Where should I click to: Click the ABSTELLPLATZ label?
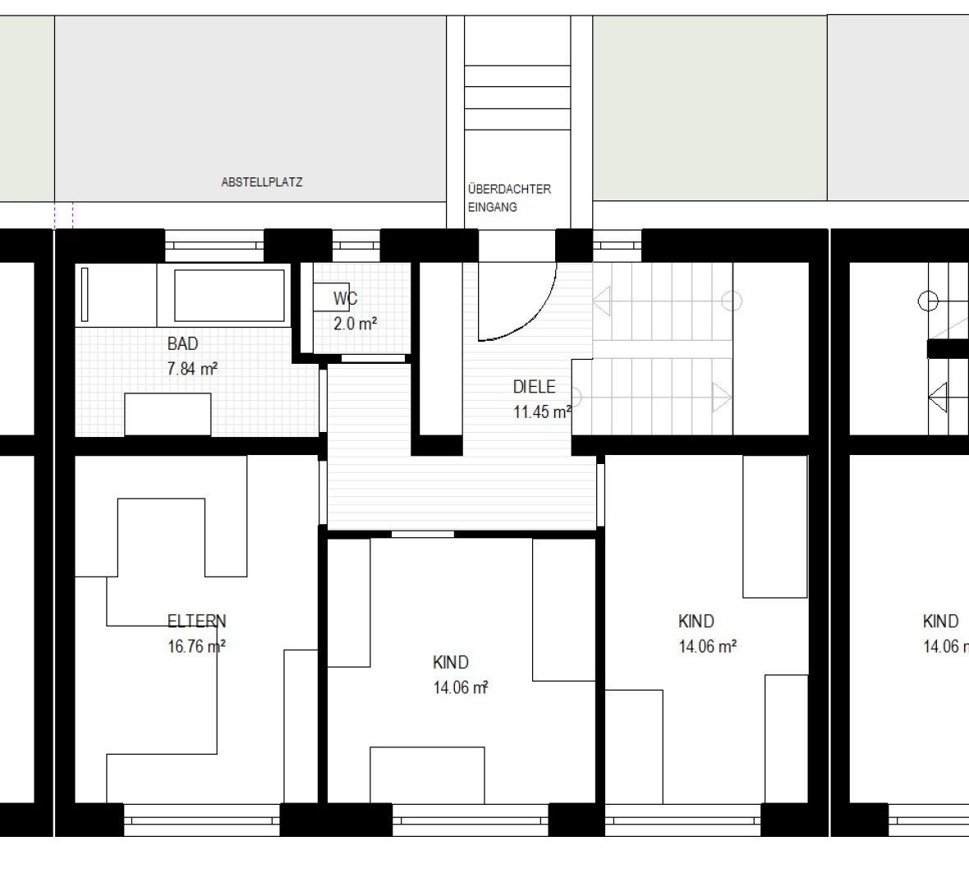(x=261, y=182)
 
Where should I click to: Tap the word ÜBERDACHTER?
(x=509, y=189)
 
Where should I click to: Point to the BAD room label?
(x=183, y=343)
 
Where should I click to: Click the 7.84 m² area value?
(x=192, y=369)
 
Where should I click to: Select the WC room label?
(x=345, y=299)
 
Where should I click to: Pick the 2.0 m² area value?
(x=356, y=324)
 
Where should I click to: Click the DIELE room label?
(x=534, y=387)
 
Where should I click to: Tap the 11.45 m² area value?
(x=542, y=411)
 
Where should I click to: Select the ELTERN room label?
(x=197, y=621)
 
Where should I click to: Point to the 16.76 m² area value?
(x=196, y=646)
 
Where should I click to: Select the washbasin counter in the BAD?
(x=168, y=414)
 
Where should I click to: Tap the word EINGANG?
(x=492, y=208)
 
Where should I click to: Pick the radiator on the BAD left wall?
(x=85, y=295)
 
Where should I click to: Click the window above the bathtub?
(x=214, y=246)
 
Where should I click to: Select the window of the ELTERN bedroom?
(x=202, y=820)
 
